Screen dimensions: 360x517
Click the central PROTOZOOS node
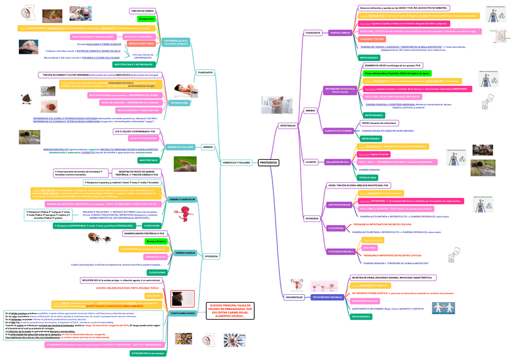coord(269,163)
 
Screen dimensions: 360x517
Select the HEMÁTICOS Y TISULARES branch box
coord(236,163)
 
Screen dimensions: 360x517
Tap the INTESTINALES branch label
coord(288,125)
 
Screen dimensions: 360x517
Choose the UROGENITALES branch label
coord(294,297)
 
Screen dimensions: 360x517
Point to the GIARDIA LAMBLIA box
coord(340,32)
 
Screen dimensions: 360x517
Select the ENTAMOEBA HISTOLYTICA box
coord(340,90)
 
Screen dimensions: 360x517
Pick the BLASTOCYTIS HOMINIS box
coord(340,131)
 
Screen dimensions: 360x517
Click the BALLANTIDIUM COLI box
coord(337,162)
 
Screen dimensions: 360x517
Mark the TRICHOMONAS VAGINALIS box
coord(327,297)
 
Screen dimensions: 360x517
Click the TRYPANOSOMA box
coord(179,103)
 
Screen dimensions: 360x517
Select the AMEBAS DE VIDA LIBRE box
coord(180,147)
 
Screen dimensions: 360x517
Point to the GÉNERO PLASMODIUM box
coord(182,200)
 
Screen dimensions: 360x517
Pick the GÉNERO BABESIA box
coord(184,253)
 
